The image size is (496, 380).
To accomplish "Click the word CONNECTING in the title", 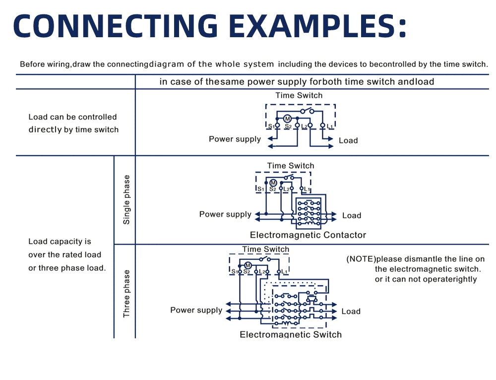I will click(x=115, y=26).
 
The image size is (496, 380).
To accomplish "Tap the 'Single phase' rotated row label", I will click(x=126, y=199).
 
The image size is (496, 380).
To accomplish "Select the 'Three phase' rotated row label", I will click(x=126, y=294).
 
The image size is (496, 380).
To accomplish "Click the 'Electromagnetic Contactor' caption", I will click(x=308, y=235).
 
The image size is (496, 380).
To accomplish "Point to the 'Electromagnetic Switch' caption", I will click(x=291, y=334).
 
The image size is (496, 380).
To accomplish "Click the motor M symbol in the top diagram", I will click(x=287, y=119).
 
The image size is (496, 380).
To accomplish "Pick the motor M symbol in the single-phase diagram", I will click(x=273, y=183).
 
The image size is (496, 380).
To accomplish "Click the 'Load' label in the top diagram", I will click(x=348, y=140).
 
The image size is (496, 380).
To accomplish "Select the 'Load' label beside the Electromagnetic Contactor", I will click(x=352, y=215).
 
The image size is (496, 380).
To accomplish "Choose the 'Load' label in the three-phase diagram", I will click(x=351, y=312).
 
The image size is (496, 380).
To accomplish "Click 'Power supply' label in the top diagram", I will click(x=235, y=139).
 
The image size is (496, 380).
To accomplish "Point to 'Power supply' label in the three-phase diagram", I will click(x=196, y=310).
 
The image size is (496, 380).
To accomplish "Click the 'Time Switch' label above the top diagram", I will click(x=299, y=95).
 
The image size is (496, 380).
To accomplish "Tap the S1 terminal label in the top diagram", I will click(x=271, y=127).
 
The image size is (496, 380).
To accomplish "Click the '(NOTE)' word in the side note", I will click(x=361, y=259).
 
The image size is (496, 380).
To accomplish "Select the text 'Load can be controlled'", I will click(x=72, y=117).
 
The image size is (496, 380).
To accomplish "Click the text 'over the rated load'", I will click(x=64, y=255).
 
